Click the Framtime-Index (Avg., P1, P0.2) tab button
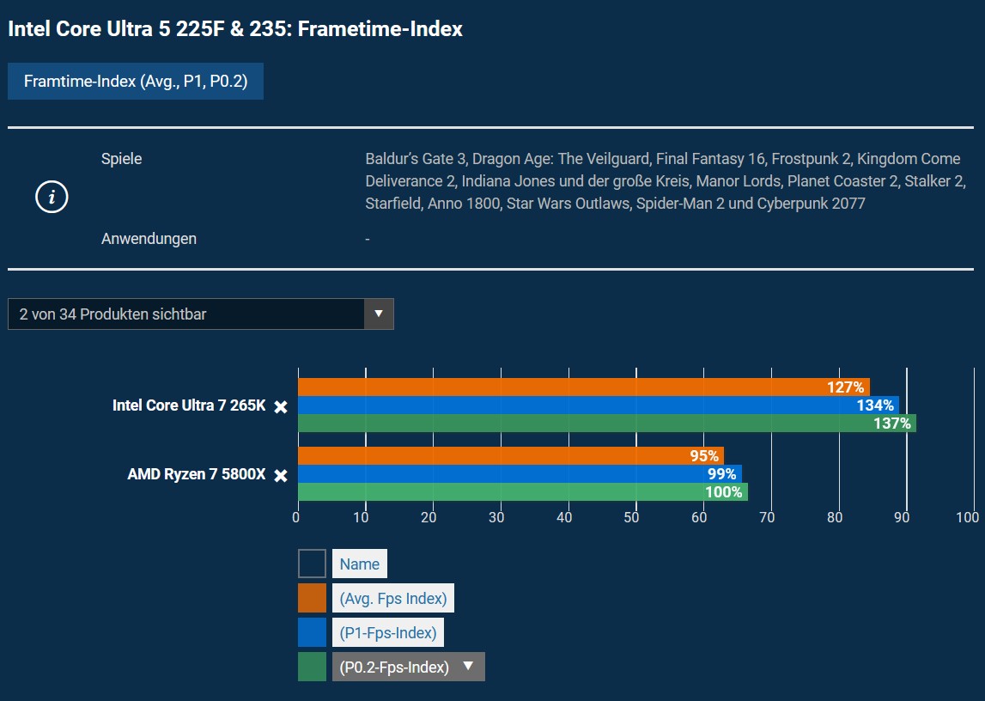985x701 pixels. [136, 82]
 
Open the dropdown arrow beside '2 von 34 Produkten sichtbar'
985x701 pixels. [379, 314]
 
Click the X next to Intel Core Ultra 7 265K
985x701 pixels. [281, 406]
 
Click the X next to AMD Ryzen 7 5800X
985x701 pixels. [281, 475]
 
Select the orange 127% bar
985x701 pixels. [584, 387]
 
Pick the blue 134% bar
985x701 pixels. [599, 405]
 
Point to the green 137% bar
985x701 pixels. [607, 424]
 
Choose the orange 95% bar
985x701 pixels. [511, 456]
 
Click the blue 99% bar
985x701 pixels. [520, 474]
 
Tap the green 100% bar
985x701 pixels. [523, 492]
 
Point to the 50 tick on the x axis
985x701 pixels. [632, 517]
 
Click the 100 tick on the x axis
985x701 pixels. [967, 517]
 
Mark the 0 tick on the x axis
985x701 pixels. [296, 517]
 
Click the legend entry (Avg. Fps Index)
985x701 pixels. [392, 598]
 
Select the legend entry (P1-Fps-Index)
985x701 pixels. [388, 633]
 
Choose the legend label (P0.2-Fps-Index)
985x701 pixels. [394, 667]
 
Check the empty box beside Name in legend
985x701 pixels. [312, 564]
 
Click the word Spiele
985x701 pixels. [122, 159]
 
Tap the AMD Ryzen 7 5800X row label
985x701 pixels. [197, 474]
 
